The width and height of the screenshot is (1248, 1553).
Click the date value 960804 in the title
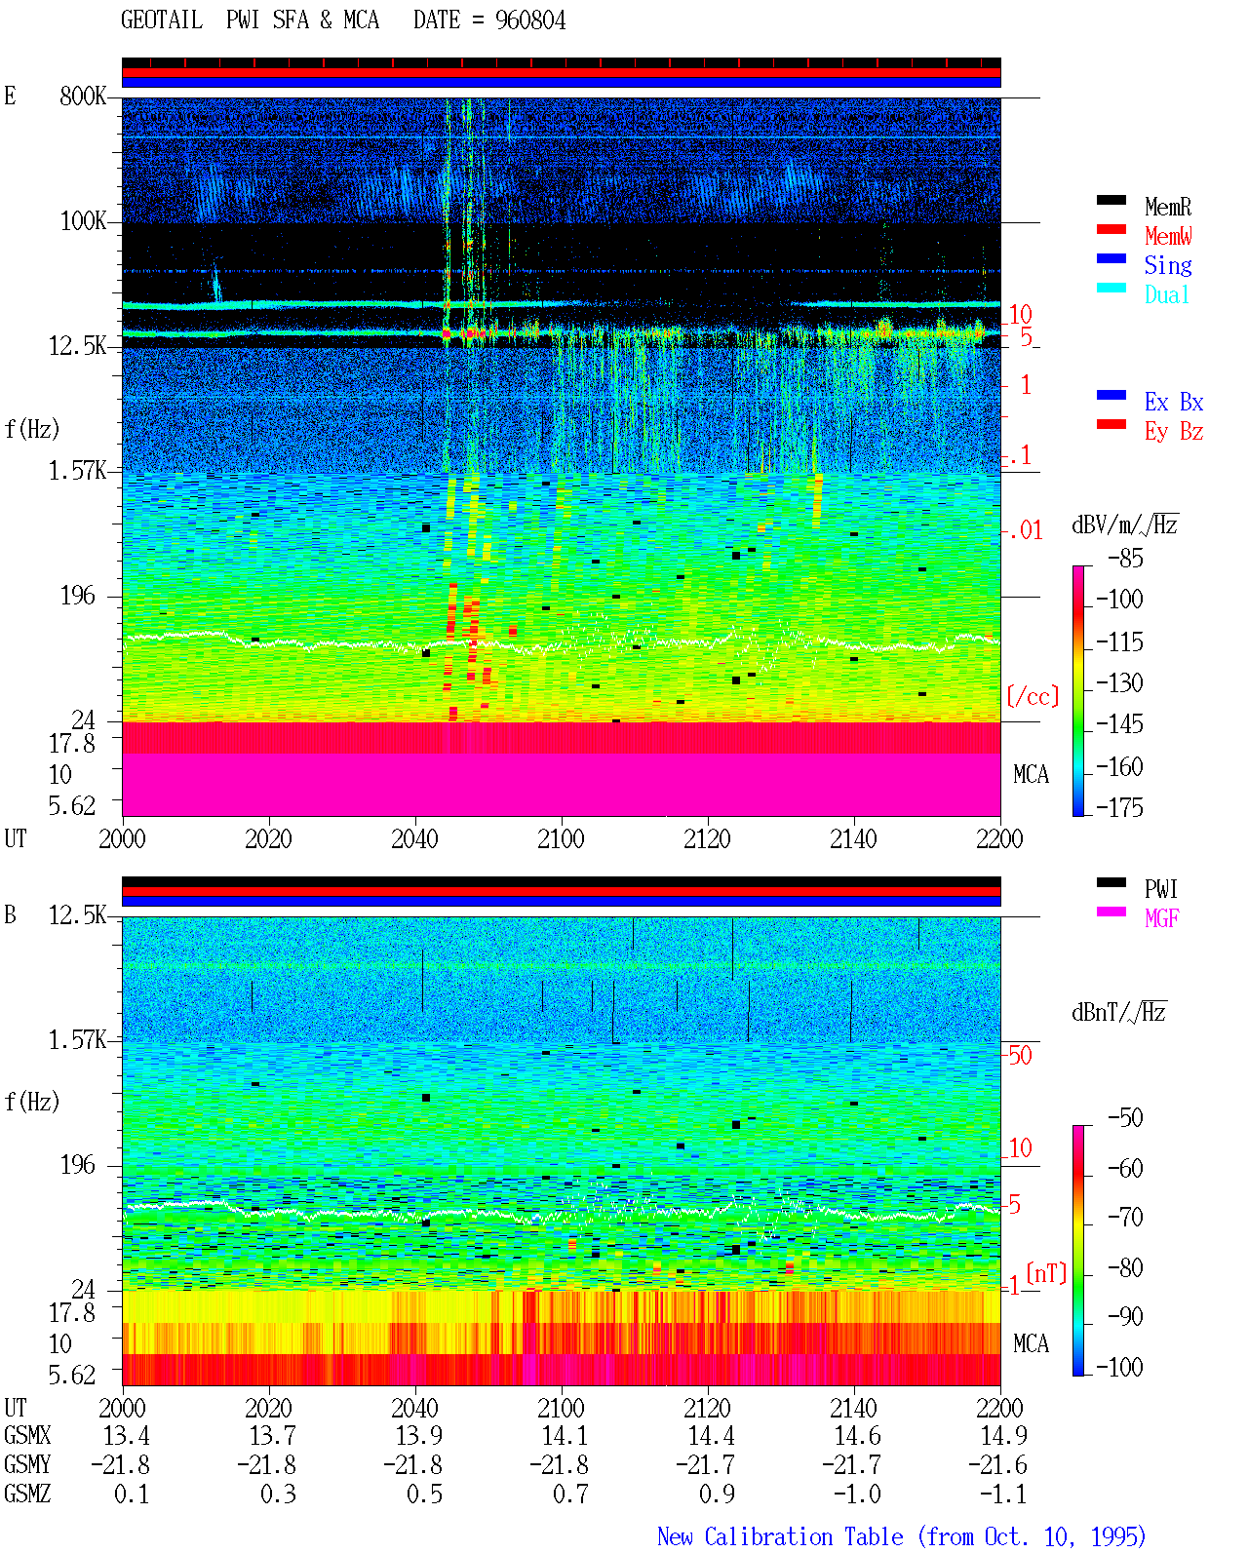click(529, 20)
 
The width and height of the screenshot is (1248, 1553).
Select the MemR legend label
click(1167, 207)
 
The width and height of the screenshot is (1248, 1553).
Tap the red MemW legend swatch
click(1111, 229)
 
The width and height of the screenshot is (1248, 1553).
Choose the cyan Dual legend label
click(1166, 294)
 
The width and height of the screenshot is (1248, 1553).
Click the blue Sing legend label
click(1167, 265)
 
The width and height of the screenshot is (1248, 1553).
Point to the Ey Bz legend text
click(1174, 432)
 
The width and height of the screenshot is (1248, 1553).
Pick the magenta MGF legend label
click(1161, 918)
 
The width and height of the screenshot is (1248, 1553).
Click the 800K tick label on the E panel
click(83, 96)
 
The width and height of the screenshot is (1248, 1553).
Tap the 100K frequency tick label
click(83, 221)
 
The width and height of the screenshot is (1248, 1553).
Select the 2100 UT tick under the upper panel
click(561, 838)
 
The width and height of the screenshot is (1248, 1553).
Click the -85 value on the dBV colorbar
click(1125, 559)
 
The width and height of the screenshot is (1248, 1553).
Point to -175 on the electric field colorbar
click(1119, 807)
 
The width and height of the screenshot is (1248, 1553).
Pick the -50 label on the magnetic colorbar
click(1125, 1118)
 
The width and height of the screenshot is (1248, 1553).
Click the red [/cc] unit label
click(1033, 696)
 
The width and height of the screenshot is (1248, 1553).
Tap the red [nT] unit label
click(1046, 1272)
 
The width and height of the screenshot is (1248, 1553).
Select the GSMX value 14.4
click(711, 1436)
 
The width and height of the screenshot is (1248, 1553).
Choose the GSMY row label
click(27, 1464)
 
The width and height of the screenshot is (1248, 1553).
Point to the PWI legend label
click(1161, 888)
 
